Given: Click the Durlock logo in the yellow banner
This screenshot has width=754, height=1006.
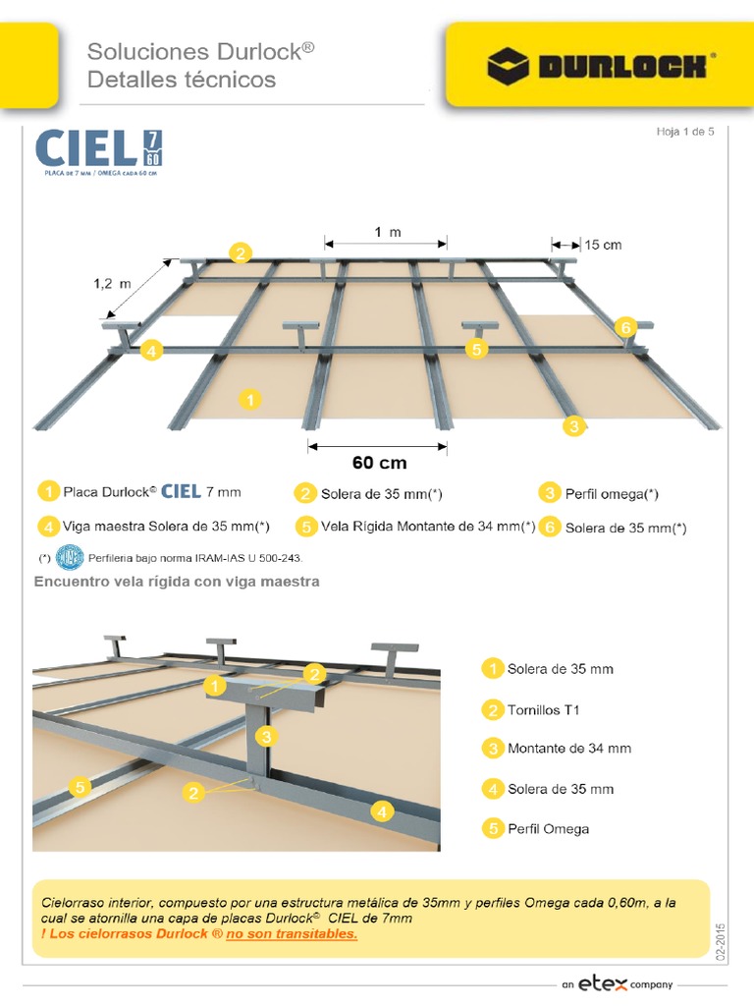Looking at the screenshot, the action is coord(601,66).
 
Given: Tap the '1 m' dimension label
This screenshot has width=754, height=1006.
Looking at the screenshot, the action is coord(388,232).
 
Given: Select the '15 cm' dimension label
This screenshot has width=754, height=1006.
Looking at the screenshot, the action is coord(603,245).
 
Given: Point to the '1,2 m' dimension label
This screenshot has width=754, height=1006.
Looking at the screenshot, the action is coord(112,284).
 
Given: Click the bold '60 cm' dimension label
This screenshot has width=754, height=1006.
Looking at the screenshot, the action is coord(379,463).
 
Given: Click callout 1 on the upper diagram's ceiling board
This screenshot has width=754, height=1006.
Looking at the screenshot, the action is coord(250,400).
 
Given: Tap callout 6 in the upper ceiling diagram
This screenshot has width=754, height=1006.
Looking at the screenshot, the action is coord(625,327).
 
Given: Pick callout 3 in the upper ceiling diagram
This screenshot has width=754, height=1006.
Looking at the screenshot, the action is coord(573,426).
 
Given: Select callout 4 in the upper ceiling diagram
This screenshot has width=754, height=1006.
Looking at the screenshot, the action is coord(151,351).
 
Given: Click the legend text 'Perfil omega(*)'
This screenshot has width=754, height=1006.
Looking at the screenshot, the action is coord(612,494).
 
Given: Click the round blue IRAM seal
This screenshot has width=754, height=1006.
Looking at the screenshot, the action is coord(70,558).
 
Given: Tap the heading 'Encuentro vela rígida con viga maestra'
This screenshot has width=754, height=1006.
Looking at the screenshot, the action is coord(177,582).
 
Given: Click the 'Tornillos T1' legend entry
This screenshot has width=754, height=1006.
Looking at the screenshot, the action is coord(543,709).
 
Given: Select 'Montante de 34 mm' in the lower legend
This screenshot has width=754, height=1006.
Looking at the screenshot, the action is coord(569,748).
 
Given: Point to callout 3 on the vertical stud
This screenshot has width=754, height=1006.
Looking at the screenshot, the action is coord(266,737).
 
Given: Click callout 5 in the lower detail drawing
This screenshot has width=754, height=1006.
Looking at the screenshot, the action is coord(81,787).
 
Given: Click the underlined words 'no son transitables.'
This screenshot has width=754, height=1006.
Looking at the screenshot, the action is coord(292,934).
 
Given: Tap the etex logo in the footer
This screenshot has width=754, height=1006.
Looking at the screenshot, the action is coord(603,983).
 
